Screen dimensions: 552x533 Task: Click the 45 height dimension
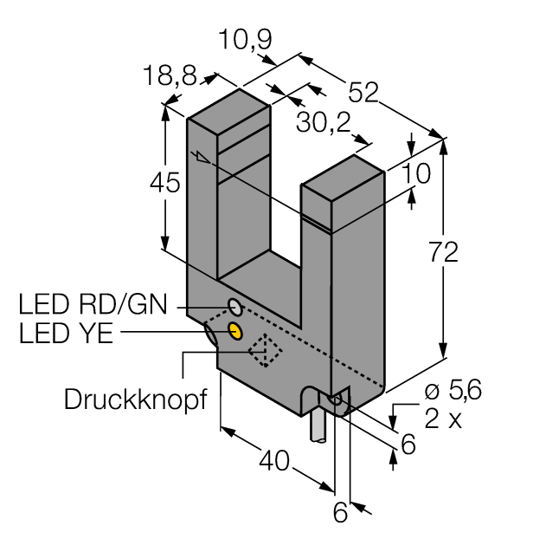tap(164, 183)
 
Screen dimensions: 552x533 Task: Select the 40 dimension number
tap(271, 459)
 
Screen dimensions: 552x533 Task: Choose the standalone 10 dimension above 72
tap(416, 173)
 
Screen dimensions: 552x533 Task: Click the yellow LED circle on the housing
tap(234, 330)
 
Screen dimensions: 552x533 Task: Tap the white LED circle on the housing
tap(234, 306)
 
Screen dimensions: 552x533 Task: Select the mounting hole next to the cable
tap(338, 399)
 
